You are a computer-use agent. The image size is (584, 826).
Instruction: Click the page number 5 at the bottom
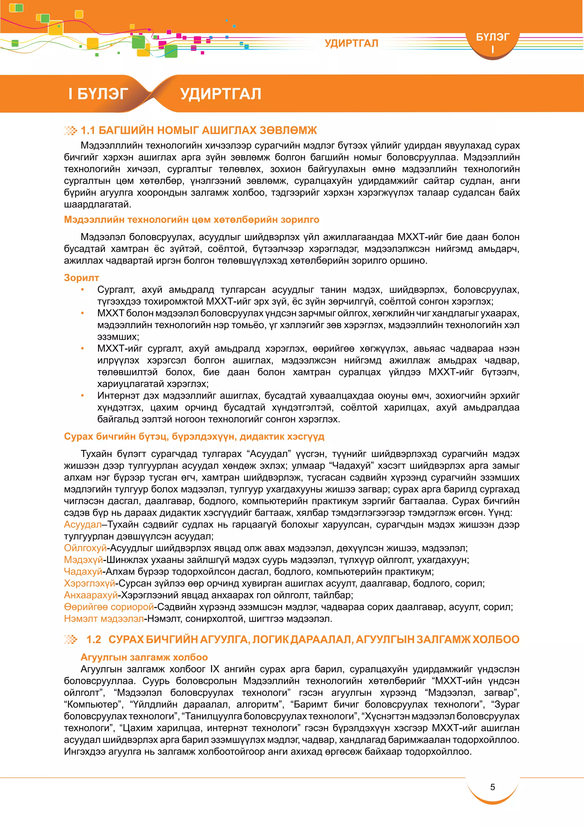[x=492, y=787]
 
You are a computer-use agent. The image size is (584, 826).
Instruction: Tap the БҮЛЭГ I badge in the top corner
[x=492, y=42]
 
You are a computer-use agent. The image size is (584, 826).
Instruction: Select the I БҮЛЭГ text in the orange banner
[x=98, y=94]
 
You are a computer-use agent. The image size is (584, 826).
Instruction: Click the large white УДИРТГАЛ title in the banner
[x=220, y=94]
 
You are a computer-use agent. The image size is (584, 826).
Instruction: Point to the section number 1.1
[x=88, y=130]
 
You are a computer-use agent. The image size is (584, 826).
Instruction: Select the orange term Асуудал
[x=83, y=525]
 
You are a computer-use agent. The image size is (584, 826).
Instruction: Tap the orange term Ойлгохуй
[x=85, y=548]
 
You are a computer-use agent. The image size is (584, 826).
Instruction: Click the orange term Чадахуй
[x=83, y=571]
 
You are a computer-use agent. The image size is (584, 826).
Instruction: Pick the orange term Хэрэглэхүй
[x=90, y=583]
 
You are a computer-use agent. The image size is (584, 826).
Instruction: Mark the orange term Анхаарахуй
[x=91, y=595]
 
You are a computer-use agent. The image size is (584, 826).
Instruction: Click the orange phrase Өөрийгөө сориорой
[x=109, y=607]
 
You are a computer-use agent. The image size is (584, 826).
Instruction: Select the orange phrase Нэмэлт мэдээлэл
[x=104, y=619]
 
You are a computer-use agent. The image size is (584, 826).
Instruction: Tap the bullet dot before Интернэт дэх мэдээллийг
[x=82, y=396]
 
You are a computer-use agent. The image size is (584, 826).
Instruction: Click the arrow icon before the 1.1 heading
[x=70, y=130]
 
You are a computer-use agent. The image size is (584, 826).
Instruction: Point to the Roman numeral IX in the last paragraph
[x=214, y=669]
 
